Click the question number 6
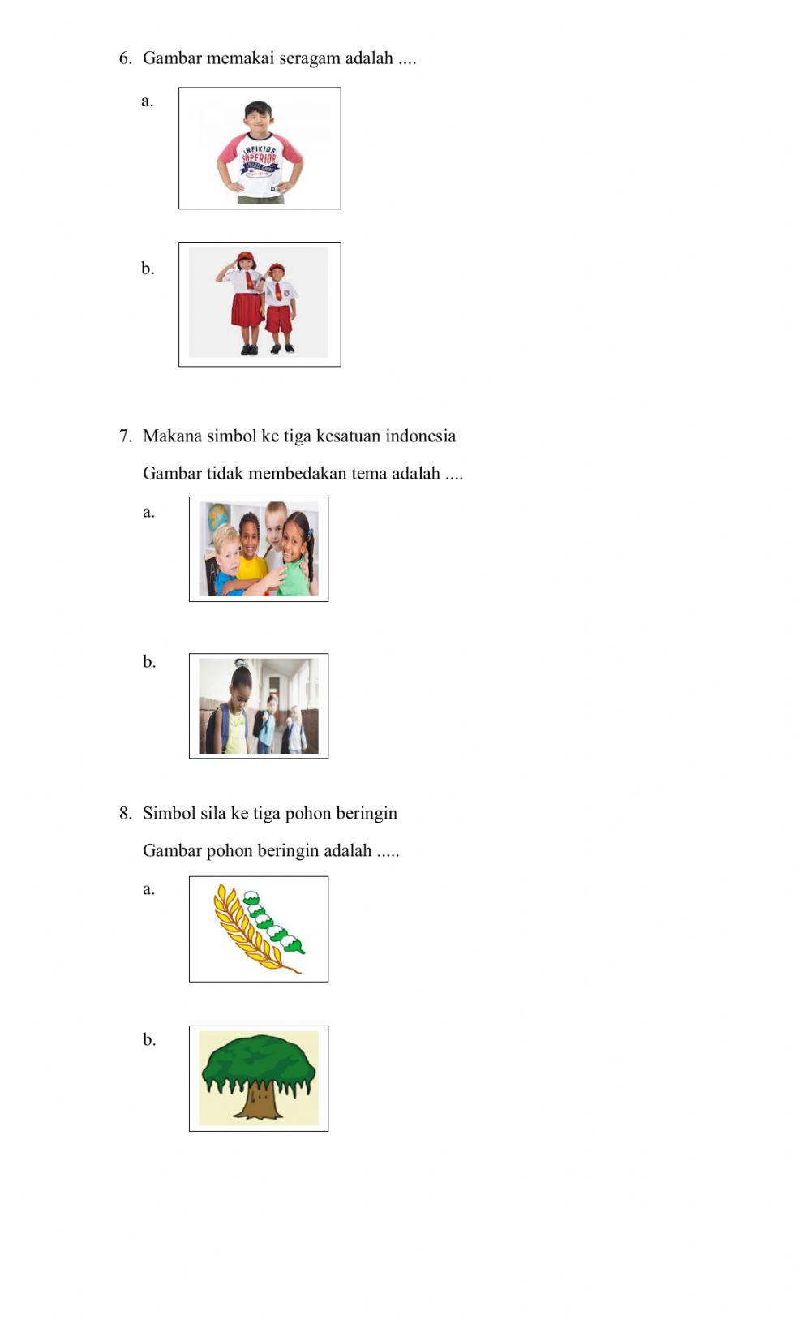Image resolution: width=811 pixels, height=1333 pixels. pos(125,58)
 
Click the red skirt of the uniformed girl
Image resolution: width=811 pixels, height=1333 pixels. pos(246,309)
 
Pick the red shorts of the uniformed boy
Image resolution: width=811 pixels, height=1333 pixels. pos(279,318)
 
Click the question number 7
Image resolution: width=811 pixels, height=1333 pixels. pos(125,436)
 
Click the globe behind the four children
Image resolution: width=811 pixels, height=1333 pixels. pos(217,517)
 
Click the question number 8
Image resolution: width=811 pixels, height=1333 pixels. pos(125,814)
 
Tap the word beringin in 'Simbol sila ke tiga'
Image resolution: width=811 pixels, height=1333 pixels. pos(366,814)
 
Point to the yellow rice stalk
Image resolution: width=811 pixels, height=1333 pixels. pos(243,931)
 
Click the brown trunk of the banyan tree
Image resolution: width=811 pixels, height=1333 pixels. pos(256,1102)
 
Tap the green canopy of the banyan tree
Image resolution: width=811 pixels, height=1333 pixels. pos(258,1060)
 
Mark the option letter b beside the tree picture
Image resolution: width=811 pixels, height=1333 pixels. pos(148,1039)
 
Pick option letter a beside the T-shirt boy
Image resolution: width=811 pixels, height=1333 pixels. pos(147,101)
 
